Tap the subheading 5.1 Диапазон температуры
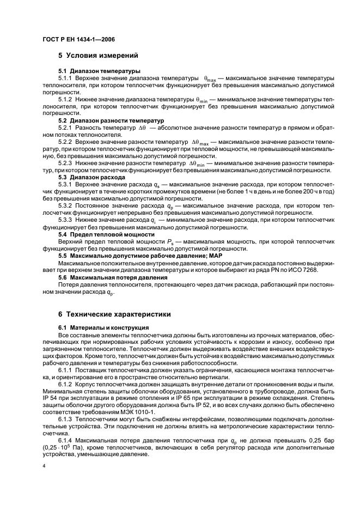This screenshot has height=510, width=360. (91, 71)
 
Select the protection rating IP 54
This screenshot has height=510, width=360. (51, 397)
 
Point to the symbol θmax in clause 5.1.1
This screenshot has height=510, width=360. (210, 79)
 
